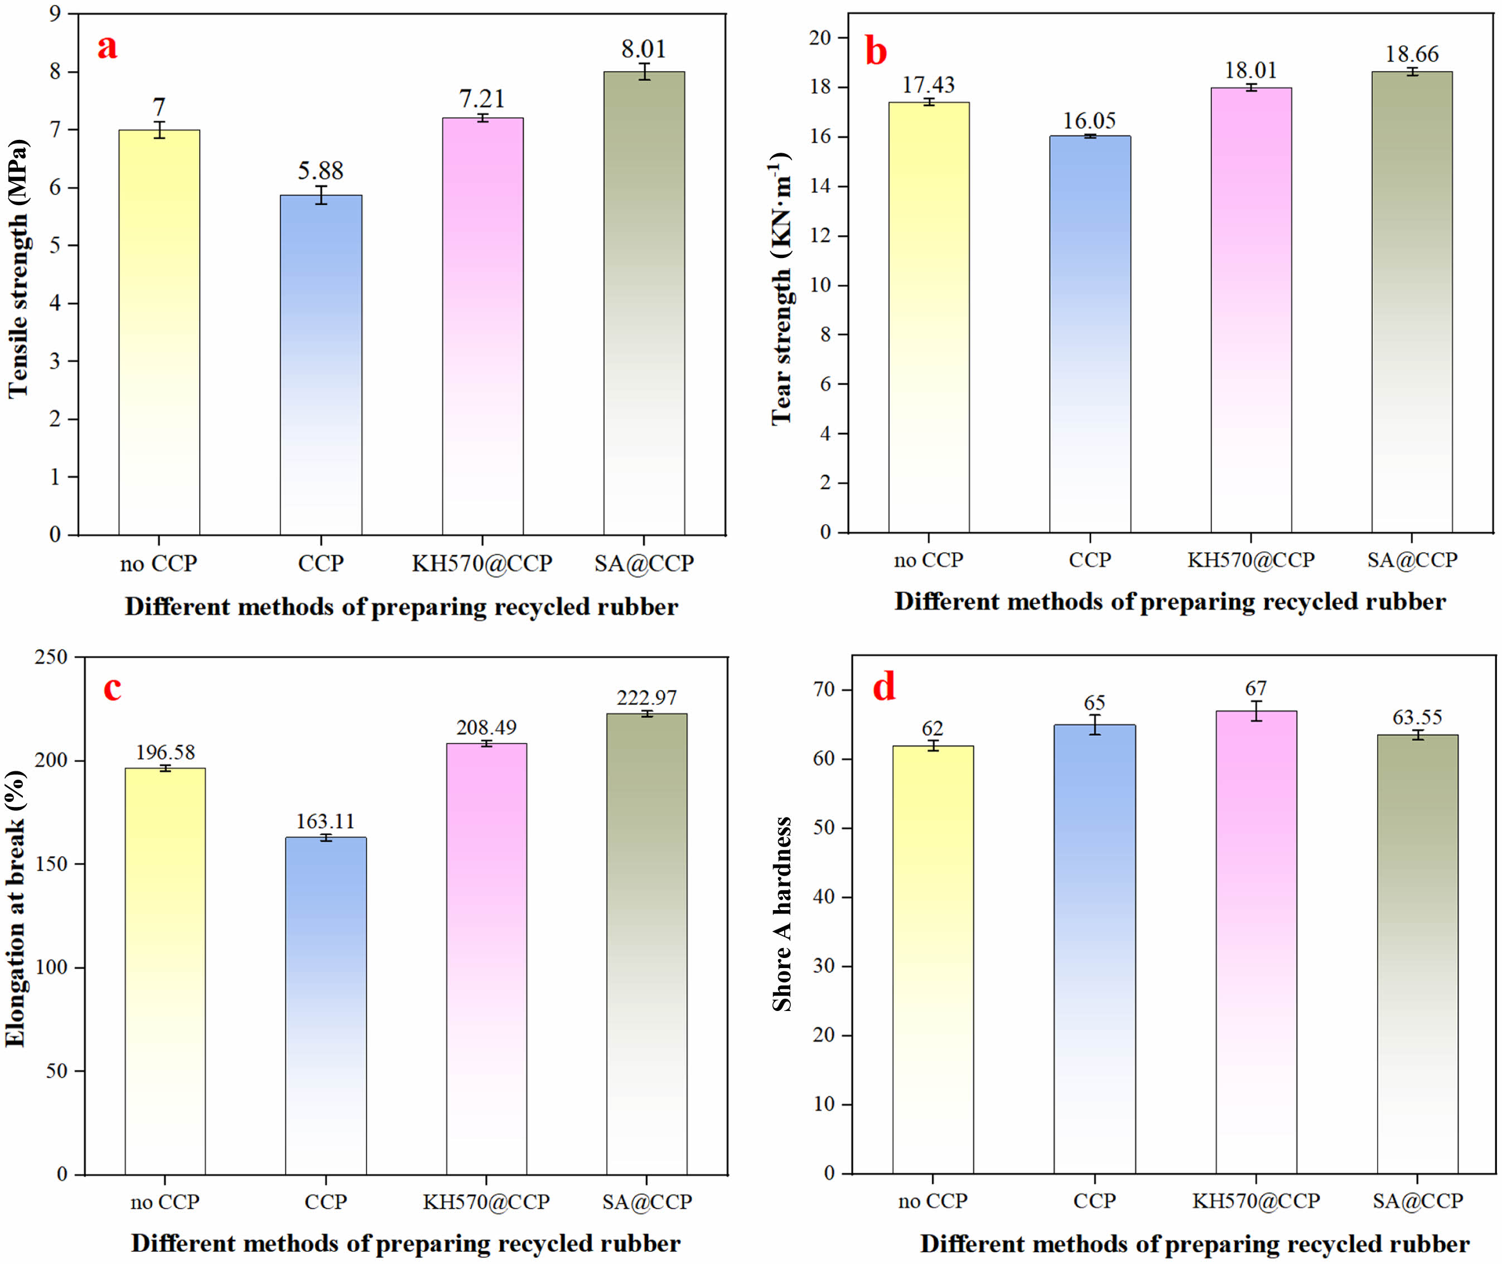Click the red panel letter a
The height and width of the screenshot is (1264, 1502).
coord(108,47)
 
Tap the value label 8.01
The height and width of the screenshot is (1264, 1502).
coord(643,50)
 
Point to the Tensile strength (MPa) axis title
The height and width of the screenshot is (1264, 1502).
coord(18,269)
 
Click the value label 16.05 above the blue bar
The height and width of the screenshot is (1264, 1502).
coord(1089,121)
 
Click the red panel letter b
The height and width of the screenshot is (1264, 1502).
coord(876,52)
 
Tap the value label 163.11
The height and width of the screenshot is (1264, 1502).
coord(326,821)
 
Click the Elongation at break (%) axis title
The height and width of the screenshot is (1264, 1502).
coord(16,908)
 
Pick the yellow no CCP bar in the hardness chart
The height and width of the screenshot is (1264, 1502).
coord(933,960)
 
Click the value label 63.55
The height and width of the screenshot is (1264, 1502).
coord(1417,717)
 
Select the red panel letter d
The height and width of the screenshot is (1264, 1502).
coord(884,687)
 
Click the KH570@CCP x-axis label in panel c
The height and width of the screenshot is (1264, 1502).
coord(486,1202)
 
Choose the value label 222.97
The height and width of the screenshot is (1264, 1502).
coord(646,698)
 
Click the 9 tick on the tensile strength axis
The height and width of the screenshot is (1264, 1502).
coord(55,13)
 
